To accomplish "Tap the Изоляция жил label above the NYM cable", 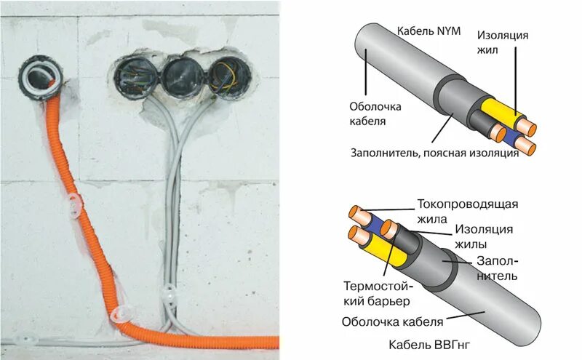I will point(503,42).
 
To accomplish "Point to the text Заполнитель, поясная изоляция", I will point(434,153).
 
